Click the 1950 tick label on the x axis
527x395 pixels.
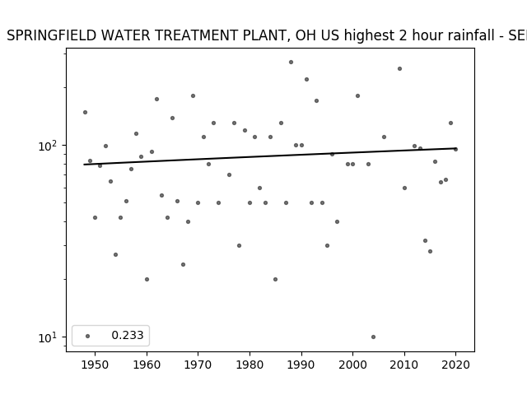(x=96, y=365)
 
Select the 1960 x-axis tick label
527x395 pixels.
(x=147, y=365)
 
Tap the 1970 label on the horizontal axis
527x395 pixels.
(x=198, y=365)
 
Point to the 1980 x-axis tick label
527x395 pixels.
(x=250, y=365)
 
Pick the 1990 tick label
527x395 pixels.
(x=301, y=365)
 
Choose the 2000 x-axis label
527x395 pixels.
(x=353, y=365)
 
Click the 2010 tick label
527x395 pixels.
(x=404, y=365)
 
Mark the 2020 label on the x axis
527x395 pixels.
(x=455, y=365)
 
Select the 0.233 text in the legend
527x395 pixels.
(x=128, y=335)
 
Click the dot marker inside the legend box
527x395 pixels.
(x=88, y=336)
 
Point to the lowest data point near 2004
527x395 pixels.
(x=373, y=337)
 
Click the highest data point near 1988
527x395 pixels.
(x=291, y=63)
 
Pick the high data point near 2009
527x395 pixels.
(x=399, y=69)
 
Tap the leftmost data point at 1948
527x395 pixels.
(x=85, y=112)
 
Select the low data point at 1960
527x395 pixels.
(x=147, y=280)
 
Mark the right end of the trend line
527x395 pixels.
(x=455, y=148)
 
